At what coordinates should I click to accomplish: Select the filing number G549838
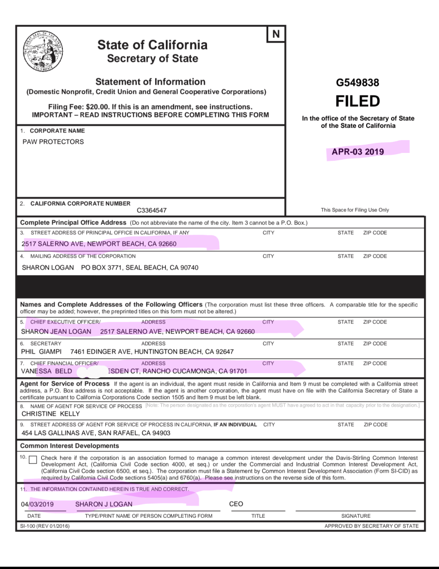click(x=357, y=83)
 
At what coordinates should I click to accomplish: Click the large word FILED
click(x=357, y=101)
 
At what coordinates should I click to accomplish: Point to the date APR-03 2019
click(x=358, y=151)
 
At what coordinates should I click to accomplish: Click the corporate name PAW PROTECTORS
click(x=53, y=142)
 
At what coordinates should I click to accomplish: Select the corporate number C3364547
click(x=151, y=210)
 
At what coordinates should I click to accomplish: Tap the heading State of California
click(x=152, y=45)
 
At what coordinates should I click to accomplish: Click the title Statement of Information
click(x=150, y=81)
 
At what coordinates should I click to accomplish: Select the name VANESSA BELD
click(x=47, y=370)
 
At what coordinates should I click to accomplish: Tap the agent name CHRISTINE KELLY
click(x=51, y=414)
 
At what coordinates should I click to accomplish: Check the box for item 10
click(x=33, y=460)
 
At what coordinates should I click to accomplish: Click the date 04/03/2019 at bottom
click(x=37, y=504)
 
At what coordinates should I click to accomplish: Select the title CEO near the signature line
click(x=236, y=504)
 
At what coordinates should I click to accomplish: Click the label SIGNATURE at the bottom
click(x=356, y=516)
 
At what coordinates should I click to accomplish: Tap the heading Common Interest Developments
click(x=70, y=446)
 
